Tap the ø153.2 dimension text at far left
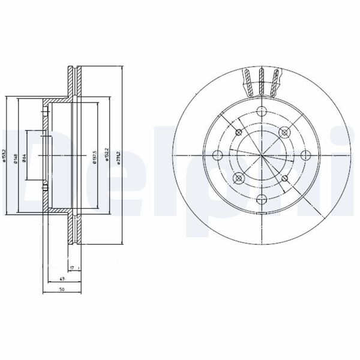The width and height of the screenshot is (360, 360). tap(5, 155)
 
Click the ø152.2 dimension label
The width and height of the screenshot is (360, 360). tap(106, 156)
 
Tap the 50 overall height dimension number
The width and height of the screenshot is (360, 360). tap(62, 290)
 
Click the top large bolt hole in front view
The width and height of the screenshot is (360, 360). tap(261, 110)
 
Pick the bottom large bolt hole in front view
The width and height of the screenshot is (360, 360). tap(261, 200)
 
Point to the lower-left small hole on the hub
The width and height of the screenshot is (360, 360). tap(238, 178)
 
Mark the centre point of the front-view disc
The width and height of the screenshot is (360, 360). tap(261, 155)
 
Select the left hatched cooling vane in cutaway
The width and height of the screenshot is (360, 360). tap(248, 82)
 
